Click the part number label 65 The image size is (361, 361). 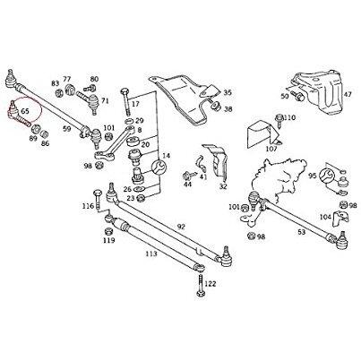(x=25, y=111)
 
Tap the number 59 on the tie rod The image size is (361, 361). (x=67, y=129)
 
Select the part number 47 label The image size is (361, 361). (x=348, y=95)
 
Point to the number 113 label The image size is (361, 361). (x=151, y=254)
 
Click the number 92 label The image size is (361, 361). (x=181, y=227)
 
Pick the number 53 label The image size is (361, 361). (x=302, y=232)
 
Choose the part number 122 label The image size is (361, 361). (x=211, y=283)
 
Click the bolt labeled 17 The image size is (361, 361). (x=125, y=101)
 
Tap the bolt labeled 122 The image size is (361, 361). (x=201, y=286)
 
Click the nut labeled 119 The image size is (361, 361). (x=108, y=231)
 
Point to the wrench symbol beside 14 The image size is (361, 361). (x=159, y=167)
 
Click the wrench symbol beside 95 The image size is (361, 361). (x=326, y=176)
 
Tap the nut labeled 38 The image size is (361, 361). (x=215, y=106)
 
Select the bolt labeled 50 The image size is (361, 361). (x=297, y=96)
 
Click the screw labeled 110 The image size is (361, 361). (x=279, y=120)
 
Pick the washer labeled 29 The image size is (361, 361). (x=130, y=121)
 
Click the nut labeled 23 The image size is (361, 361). (x=140, y=198)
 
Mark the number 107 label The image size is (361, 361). (x=271, y=149)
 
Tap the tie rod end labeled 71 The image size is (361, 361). (x=89, y=101)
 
